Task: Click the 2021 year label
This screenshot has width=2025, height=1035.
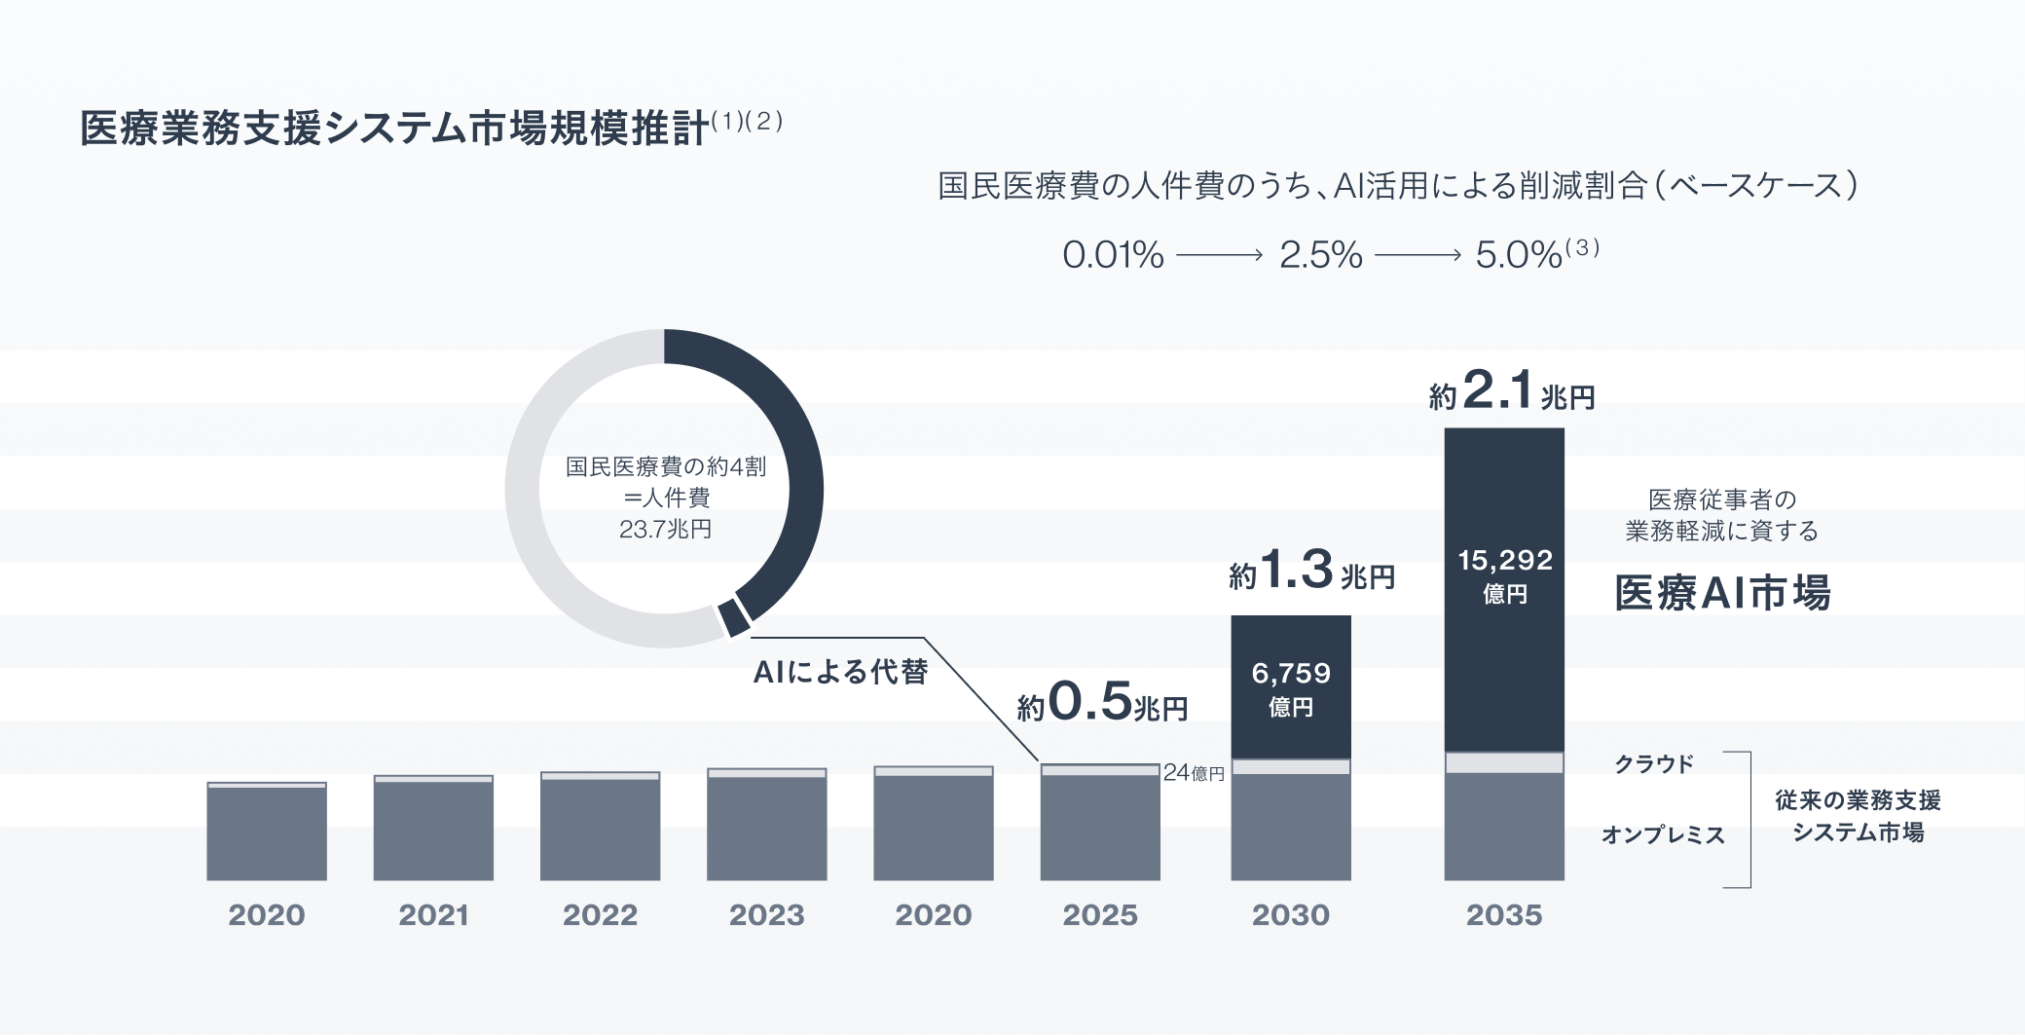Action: (433, 915)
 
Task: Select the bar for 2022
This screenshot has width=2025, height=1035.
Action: (600, 828)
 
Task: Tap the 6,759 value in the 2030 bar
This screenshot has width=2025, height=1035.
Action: (1291, 673)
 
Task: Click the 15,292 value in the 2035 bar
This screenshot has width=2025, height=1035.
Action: (1504, 560)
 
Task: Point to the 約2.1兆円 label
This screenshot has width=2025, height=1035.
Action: (1511, 391)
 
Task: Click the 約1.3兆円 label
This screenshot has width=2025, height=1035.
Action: (1311, 571)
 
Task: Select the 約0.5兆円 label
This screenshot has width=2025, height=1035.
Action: (1102, 702)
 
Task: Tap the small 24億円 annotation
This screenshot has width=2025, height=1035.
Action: (1194, 773)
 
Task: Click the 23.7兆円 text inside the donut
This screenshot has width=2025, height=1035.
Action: (665, 530)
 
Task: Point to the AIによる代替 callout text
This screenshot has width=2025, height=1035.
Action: (840, 672)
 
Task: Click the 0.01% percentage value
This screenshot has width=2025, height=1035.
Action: (1113, 255)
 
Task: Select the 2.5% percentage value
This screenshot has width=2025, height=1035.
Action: (1320, 255)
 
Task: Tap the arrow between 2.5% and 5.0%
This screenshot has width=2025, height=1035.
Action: (1417, 255)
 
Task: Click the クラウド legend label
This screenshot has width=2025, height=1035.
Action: (1654, 764)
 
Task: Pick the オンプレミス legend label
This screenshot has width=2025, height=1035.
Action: (1663, 834)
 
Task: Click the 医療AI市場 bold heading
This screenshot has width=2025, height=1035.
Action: (1722, 593)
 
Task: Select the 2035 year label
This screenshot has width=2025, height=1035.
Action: (1504, 915)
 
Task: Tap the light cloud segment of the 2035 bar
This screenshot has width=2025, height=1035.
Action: (1504, 762)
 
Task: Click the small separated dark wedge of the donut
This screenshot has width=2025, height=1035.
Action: (734, 618)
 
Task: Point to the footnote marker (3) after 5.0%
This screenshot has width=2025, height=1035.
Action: (1582, 247)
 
